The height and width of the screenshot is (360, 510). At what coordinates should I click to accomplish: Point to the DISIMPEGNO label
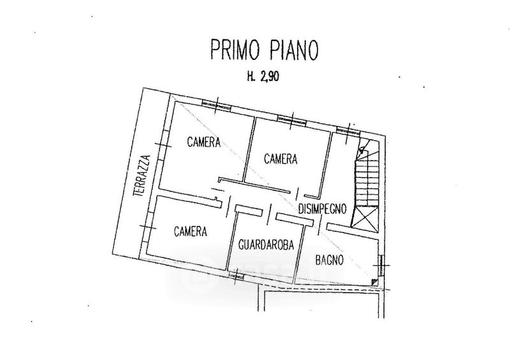click(x=322, y=208)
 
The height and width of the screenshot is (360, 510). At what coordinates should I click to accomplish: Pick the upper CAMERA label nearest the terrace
click(x=203, y=143)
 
